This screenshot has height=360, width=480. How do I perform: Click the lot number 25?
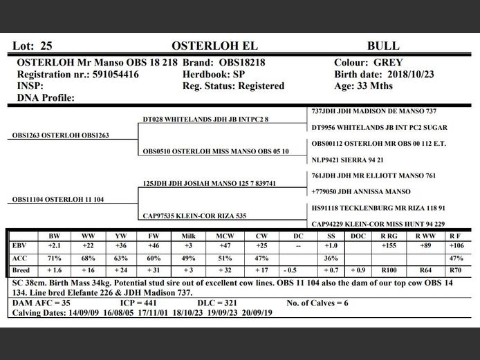46,46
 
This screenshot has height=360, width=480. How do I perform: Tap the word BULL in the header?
382,46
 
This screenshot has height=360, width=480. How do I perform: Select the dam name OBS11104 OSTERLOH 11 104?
58,200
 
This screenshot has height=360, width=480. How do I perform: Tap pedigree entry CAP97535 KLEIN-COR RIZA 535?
194,216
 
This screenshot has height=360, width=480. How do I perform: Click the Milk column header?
188,236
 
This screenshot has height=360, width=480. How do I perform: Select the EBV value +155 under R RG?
389,246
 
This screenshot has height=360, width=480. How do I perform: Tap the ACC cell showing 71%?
55,258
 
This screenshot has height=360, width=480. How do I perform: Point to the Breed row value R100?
389,270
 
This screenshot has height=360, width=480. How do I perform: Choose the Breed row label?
21,270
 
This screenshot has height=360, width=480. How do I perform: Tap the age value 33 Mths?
373,86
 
